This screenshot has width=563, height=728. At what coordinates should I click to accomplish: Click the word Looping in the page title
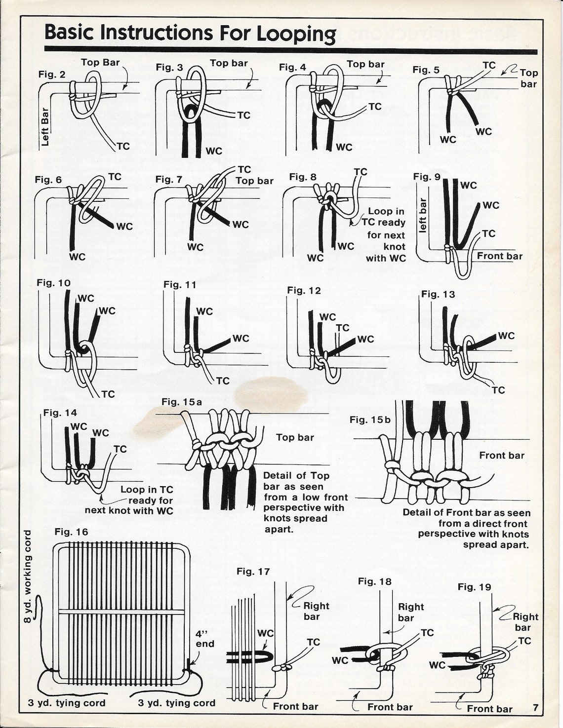point(296,34)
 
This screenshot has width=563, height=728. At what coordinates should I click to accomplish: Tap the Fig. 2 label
point(52,75)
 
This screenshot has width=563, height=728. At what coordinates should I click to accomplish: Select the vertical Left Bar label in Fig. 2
point(45,127)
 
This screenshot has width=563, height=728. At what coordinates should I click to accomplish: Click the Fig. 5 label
point(426,70)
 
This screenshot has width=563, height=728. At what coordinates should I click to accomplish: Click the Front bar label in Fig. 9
point(499,256)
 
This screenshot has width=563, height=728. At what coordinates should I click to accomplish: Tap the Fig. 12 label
point(304,291)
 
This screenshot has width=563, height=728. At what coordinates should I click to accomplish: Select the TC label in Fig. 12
point(343,328)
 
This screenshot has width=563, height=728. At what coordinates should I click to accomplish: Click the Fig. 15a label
point(182,402)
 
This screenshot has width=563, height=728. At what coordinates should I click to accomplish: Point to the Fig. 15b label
point(370,420)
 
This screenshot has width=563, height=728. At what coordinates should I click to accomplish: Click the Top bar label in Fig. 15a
point(295,437)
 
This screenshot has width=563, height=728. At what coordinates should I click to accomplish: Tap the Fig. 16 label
point(72,532)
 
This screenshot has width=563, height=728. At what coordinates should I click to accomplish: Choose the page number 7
point(535,707)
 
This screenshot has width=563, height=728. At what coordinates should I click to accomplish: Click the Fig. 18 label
point(375,581)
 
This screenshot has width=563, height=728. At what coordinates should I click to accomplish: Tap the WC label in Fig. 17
point(265,633)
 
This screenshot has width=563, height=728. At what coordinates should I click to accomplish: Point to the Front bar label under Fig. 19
point(489,709)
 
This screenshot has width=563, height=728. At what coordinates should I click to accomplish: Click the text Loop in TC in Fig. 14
point(147,490)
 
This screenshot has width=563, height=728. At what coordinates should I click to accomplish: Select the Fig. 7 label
point(168,179)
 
